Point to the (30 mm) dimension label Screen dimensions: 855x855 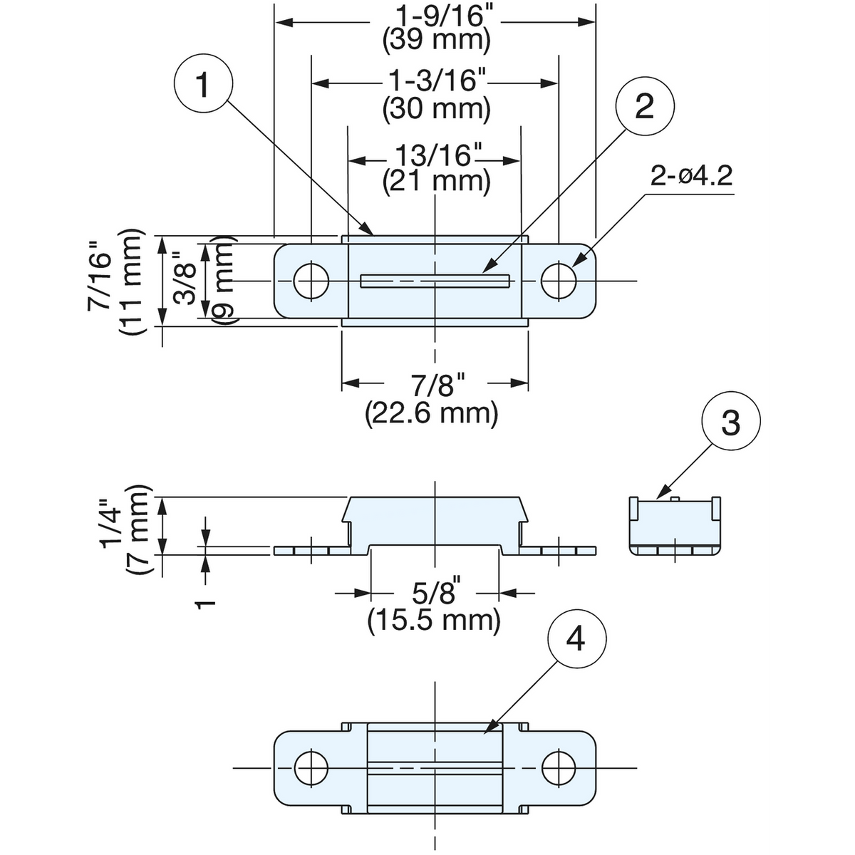(x=437, y=109)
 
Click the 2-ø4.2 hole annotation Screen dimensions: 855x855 (x=691, y=177)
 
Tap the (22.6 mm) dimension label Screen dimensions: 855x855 (x=432, y=413)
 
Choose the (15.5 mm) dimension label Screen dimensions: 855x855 (x=434, y=620)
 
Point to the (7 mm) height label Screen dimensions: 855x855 (x=138, y=530)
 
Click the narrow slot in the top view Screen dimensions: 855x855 (x=435, y=281)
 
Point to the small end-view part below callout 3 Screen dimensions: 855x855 (x=675, y=526)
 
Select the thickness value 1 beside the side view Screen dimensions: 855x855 (x=206, y=604)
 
